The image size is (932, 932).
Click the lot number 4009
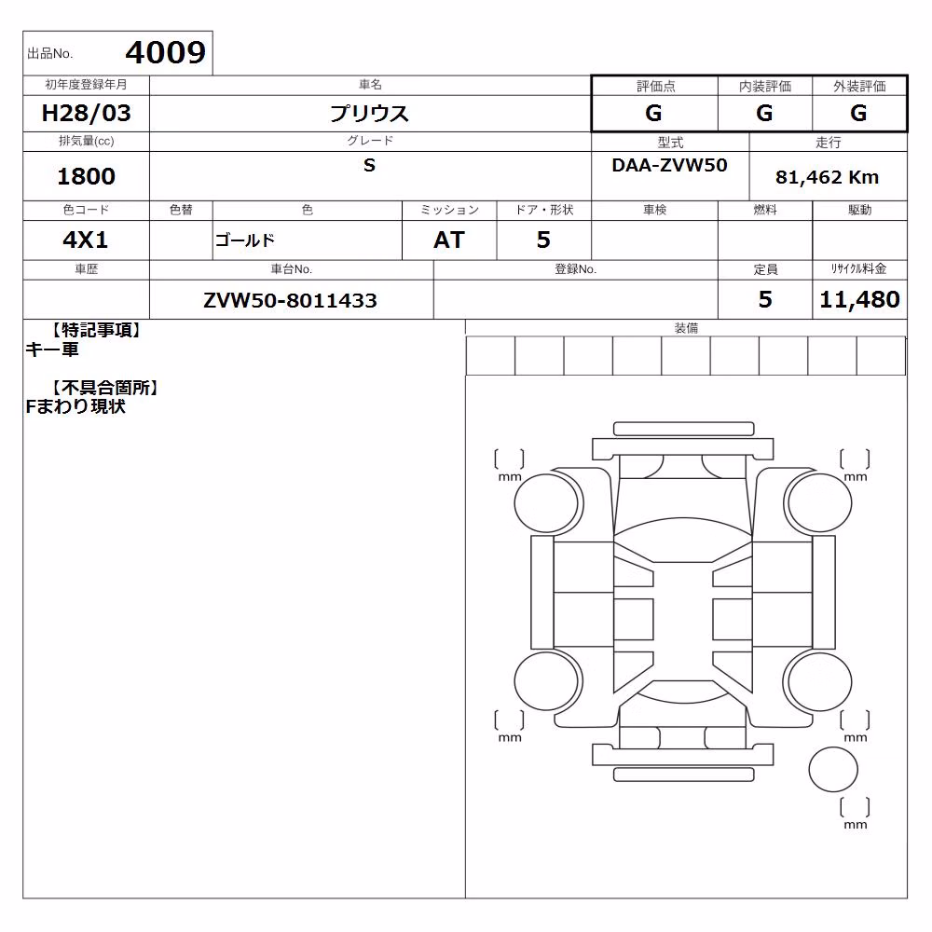coord(165,52)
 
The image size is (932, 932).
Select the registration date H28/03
coord(86,113)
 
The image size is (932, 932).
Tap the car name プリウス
coord(369,113)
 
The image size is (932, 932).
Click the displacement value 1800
coord(86,176)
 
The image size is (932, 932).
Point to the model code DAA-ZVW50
coord(669,165)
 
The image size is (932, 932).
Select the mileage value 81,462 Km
coord(827,177)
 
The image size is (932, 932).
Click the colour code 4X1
coord(86,240)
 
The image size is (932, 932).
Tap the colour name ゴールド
coord(245,240)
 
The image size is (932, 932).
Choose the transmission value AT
coord(449,240)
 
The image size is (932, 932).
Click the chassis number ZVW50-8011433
coord(290,300)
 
